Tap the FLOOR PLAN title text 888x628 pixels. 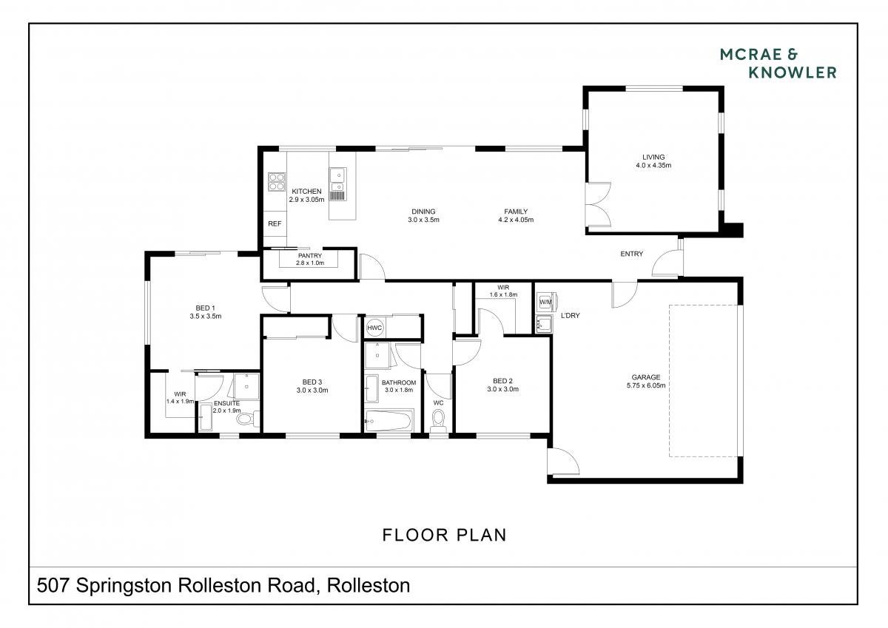445,535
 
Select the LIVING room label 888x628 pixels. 653,157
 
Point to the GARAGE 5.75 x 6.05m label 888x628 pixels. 646,381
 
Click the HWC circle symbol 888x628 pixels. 374,328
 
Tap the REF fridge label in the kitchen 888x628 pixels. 275,224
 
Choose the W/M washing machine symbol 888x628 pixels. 546,303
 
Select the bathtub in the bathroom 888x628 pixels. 388,420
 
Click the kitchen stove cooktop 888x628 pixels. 276,182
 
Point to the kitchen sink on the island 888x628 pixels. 337,179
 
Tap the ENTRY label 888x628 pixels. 631,254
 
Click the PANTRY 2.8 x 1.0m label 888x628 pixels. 309,259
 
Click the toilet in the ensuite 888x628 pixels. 249,419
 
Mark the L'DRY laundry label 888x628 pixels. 570,315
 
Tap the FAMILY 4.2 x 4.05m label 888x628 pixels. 516,215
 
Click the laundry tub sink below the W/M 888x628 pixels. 544,324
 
